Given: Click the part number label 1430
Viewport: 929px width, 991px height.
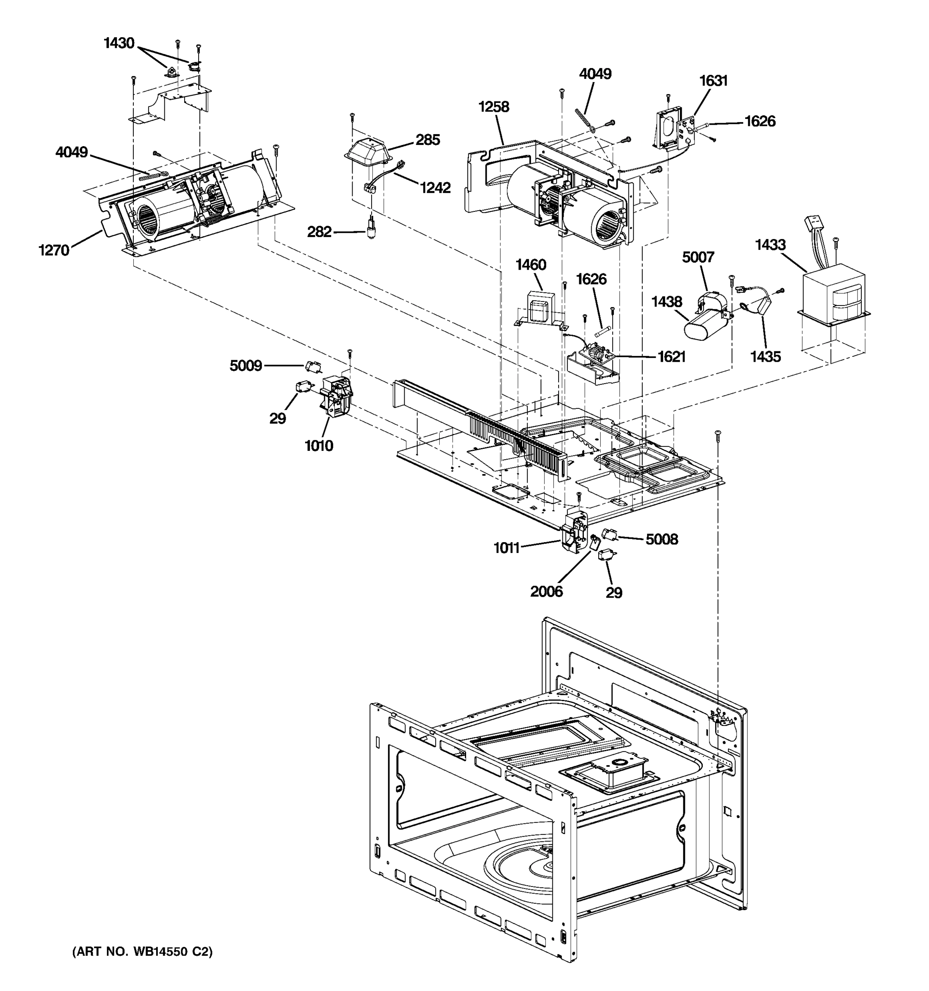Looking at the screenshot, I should pyautogui.click(x=119, y=43).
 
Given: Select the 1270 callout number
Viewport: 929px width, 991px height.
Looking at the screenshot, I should pyautogui.click(x=54, y=250).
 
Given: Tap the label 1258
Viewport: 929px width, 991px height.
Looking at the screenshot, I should pyautogui.click(x=493, y=107).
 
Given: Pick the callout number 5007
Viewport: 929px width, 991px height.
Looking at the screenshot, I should pyautogui.click(x=698, y=257).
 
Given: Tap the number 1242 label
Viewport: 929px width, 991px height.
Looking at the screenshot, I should pyautogui.click(x=435, y=187).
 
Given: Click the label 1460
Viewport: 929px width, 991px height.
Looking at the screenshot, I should pyautogui.click(x=531, y=265).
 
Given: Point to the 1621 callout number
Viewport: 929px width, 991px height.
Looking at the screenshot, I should pyautogui.click(x=671, y=356).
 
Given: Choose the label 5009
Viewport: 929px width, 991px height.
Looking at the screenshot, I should pyautogui.click(x=246, y=366).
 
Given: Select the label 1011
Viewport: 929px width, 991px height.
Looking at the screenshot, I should pyautogui.click(x=506, y=548).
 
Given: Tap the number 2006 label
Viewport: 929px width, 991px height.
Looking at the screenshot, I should pyautogui.click(x=546, y=591).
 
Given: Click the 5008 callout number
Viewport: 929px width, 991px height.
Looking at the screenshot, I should pyautogui.click(x=662, y=539).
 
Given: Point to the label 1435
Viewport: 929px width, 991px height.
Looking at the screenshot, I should pyautogui.click(x=765, y=356).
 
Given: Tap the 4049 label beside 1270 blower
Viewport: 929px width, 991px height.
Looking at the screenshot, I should pyautogui.click(x=72, y=152).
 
